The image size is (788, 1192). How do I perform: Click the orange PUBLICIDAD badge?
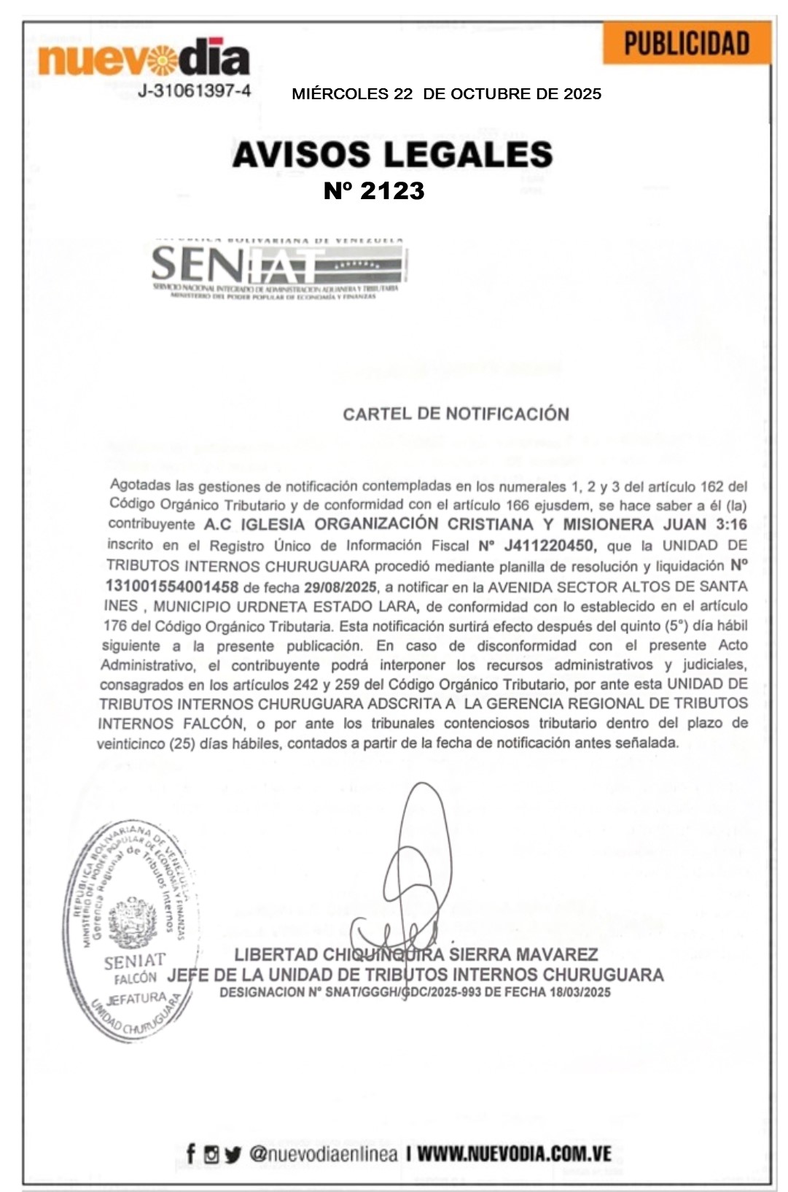click(687, 44)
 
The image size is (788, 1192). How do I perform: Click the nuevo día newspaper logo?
click(144, 58)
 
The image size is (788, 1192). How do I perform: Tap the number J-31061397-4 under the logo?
click(195, 91)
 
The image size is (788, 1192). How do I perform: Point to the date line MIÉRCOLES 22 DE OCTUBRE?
click(446, 94)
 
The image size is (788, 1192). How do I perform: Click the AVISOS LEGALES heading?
click(392, 155)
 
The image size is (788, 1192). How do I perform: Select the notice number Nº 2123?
click(374, 191)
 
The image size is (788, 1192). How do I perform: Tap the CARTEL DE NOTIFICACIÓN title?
click(456, 414)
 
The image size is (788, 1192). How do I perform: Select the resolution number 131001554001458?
click(172, 587)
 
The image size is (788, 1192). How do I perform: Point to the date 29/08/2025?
click(340, 587)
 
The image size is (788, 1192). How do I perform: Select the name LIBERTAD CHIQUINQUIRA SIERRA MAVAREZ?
click(416, 954)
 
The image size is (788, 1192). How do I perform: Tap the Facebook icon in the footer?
click(190, 1153)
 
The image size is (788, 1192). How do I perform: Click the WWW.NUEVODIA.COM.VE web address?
click(514, 1154)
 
